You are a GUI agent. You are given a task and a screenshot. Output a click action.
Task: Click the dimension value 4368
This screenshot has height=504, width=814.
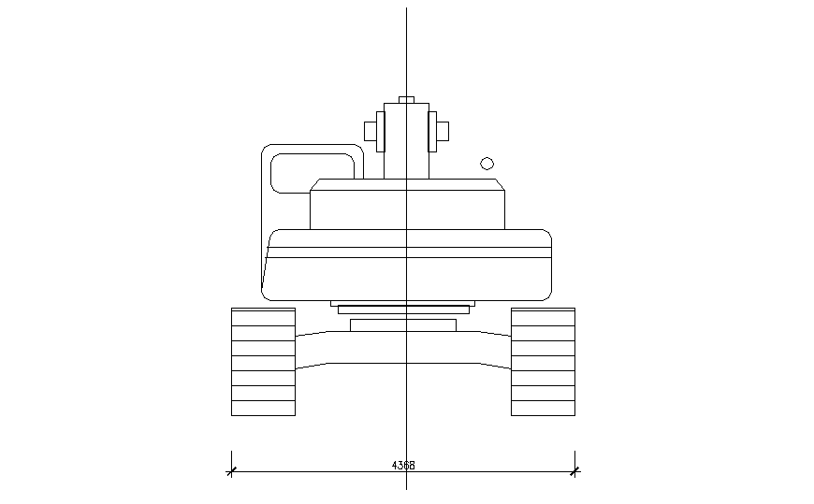point(403,464)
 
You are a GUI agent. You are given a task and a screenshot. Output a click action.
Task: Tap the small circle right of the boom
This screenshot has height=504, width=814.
point(487,164)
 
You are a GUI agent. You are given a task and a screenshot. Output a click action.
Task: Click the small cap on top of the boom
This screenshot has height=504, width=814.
point(406,99)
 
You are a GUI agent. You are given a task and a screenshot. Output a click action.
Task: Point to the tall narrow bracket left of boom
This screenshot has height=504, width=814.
point(380,131)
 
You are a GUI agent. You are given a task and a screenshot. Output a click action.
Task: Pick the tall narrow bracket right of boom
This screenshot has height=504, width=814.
point(432,131)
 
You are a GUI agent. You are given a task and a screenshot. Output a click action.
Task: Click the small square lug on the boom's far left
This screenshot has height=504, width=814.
point(370,131)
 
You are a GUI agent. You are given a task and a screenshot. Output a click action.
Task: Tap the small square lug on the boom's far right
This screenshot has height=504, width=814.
point(443,131)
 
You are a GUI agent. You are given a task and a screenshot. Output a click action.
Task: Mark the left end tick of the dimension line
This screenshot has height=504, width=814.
point(231,471)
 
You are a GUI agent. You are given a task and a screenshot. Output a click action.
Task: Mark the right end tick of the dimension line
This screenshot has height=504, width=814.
point(575,471)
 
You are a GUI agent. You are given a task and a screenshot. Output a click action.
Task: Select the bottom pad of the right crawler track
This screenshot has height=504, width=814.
point(543,409)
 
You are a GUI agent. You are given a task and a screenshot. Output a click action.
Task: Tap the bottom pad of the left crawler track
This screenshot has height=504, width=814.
point(263,409)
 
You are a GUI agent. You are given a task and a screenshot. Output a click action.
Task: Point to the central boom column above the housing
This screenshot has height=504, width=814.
point(406,140)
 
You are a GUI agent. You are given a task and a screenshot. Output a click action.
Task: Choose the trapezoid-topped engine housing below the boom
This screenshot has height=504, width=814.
point(407,206)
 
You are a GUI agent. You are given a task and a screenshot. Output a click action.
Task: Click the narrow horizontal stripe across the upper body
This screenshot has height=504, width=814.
point(407,252)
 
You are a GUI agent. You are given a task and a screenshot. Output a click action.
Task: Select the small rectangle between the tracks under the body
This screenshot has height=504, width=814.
point(402,325)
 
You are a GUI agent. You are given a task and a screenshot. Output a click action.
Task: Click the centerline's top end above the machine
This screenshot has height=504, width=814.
point(406,11)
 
